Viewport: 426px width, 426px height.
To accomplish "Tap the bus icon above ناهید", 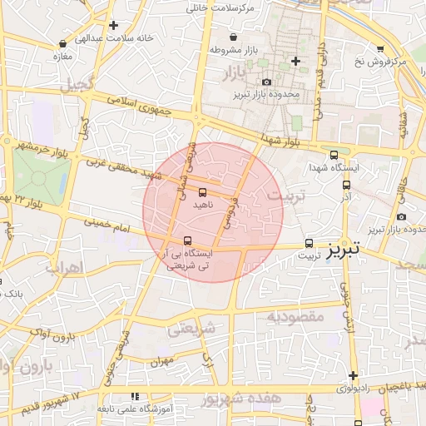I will click(x=204, y=192).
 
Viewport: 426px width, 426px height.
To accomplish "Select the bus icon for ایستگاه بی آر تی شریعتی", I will click(x=186, y=240).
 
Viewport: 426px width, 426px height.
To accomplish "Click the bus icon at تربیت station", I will click(x=310, y=243).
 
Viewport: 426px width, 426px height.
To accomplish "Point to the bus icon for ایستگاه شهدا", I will click(x=334, y=154).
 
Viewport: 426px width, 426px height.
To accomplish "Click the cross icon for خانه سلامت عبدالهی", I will click(x=113, y=25).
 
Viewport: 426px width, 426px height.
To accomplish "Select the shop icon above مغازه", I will click(x=63, y=43).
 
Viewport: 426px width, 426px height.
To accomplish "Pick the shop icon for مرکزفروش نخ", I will click(x=380, y=49).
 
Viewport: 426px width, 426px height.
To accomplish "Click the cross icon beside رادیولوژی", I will click(x=354, y=375).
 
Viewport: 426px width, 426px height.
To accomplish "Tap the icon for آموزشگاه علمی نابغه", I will click(x=136, y=397).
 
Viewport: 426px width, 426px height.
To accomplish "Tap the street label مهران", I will click(x=161, y=362).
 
